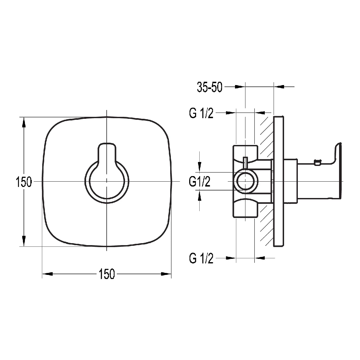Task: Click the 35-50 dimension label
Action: coord(209,87)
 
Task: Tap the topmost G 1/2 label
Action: coord(201,113)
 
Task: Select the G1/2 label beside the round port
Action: coord(200,182)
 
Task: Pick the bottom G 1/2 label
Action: coord(201,258)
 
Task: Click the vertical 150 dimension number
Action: coord(24,182)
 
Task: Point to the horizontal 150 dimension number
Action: coord(107,274)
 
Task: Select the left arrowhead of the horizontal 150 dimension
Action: coord(47,274)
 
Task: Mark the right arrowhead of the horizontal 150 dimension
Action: coord(166,274)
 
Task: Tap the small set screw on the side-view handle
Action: coord(317,163)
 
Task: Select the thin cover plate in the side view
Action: coord(279,181)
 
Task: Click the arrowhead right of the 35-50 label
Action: coord(240,87)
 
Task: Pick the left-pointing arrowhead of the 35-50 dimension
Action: coord(279,87)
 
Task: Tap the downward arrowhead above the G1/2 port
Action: coord(200,167)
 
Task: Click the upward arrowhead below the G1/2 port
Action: coord(200,195)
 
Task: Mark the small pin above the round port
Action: coord(245,163)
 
